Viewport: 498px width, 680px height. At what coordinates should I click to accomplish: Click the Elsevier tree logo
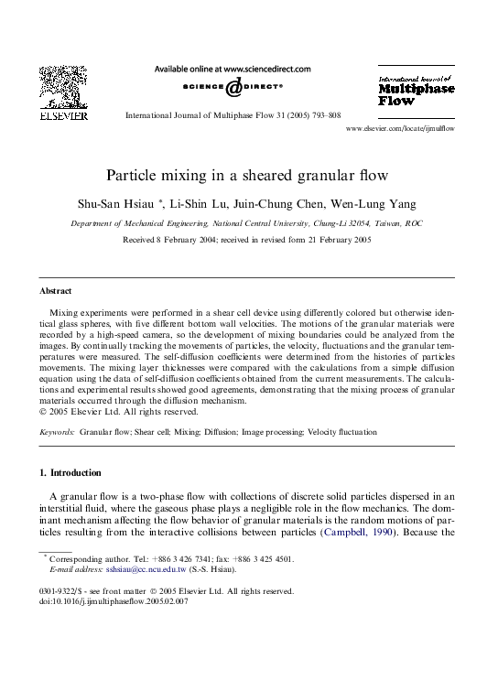63,87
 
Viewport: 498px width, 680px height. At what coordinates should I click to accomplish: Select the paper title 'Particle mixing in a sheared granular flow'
247,175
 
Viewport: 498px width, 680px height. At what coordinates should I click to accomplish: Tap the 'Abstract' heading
56,291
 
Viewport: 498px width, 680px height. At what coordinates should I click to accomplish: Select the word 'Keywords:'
57,431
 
